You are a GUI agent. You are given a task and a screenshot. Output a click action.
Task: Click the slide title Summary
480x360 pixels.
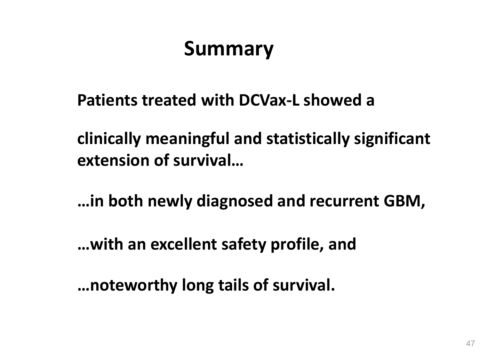[228, 49]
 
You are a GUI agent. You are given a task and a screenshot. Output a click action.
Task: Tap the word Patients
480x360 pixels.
[108, 100]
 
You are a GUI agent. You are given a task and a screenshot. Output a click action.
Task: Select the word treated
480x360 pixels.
[169, 100]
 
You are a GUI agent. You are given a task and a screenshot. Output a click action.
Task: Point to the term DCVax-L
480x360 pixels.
[269, 100]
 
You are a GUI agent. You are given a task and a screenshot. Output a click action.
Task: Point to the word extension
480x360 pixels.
[113, 160]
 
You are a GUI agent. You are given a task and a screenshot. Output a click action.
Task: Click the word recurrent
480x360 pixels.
[344, 201]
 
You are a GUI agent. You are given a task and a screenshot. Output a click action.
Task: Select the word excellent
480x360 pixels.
[184, 244]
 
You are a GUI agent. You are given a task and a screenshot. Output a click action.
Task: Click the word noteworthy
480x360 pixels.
[133, 286]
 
